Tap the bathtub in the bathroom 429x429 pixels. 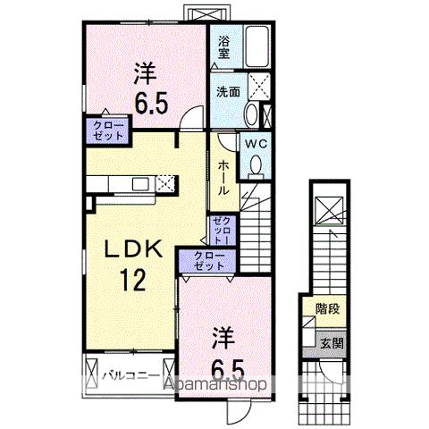pos(259,44)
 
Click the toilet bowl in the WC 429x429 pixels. pos(256,164)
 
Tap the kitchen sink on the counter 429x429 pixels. pos(142,184)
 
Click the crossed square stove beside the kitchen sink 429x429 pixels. pos(164,184)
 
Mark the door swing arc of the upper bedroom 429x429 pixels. pos(188,114)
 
